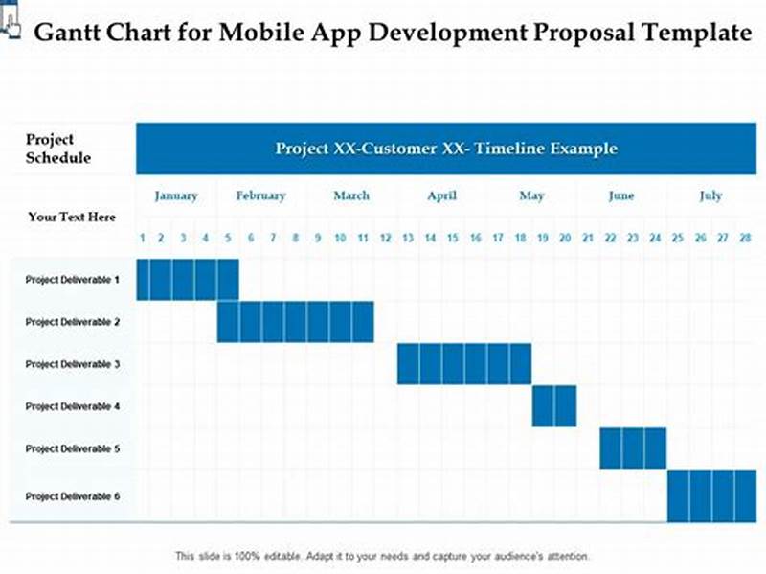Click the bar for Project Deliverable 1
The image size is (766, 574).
[188, 280]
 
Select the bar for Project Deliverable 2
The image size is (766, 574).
[295, 322]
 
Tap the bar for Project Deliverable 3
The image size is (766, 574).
[464, 364]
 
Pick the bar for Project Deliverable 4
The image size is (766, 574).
[554, 406]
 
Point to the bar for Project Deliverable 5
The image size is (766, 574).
[633, 448]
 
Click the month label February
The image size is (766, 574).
[260, 195]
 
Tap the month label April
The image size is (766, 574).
[441, 195]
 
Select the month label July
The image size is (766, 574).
[710, 195]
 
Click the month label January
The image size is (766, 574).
[176, 195]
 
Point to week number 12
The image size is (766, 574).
[385, 238]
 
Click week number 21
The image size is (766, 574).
[587, 238]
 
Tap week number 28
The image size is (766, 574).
[745, 238]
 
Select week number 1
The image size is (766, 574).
[143, 238]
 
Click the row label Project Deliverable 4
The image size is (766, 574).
[73, 406]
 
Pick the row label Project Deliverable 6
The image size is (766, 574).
[73, 496]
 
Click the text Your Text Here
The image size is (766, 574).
[72, 218]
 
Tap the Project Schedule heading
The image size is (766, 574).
[57, 149]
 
